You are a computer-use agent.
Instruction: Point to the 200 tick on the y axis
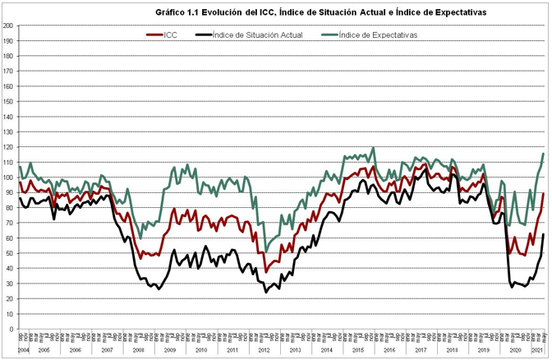pyautogui.click(x=7, y=25)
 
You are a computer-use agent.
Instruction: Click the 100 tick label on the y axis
pyautogui.click(x=7, y=177)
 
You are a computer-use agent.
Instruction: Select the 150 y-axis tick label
pyautogui.click(x=7, y=101)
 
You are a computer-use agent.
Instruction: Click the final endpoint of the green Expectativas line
pyautogui.click(x=543, y=154)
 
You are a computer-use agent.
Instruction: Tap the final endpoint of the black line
pyautogui.click(x=543, y=235)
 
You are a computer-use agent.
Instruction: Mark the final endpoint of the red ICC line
pyautogui.click(x=543, y=193)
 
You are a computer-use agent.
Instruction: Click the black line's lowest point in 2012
pyautogui.click(x=266, y=292)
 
